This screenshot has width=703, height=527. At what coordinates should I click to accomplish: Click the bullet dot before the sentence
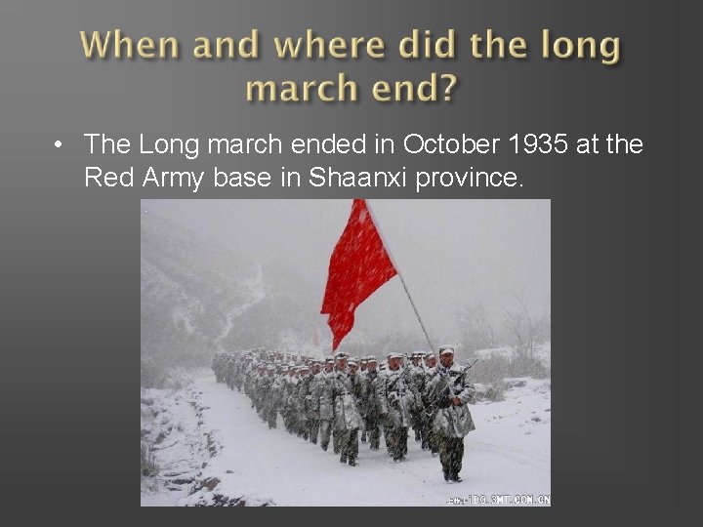pyautogui.click(x=61, y=145)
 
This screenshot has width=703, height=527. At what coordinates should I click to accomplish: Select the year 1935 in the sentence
pyautogui.click(x=537, y=144)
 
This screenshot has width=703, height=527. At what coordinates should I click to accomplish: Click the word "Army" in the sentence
pyautogui.click(x=169, y=178)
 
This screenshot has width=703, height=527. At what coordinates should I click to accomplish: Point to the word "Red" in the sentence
pyautogui.click(x=104, y=178)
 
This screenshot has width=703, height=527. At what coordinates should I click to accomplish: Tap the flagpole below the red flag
pyautogui.click(x=417, y=312)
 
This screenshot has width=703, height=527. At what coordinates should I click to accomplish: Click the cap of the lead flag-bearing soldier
pyautogui.click(x=446, y=350)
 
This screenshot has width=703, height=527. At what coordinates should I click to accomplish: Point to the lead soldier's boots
pyautogui.click(x=450, y=473)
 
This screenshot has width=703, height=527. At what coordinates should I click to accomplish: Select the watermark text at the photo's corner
pyautogui.click(x=498, y=499)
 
